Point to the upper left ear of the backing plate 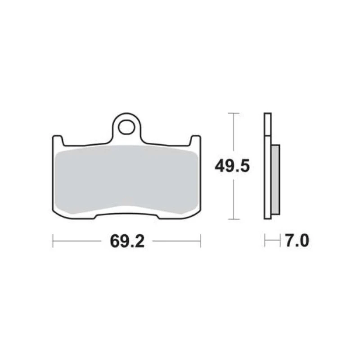click(x=58, y=140)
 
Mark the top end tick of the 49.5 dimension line click(x=232, y=113)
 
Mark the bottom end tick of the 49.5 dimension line click(x=232, y=219)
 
